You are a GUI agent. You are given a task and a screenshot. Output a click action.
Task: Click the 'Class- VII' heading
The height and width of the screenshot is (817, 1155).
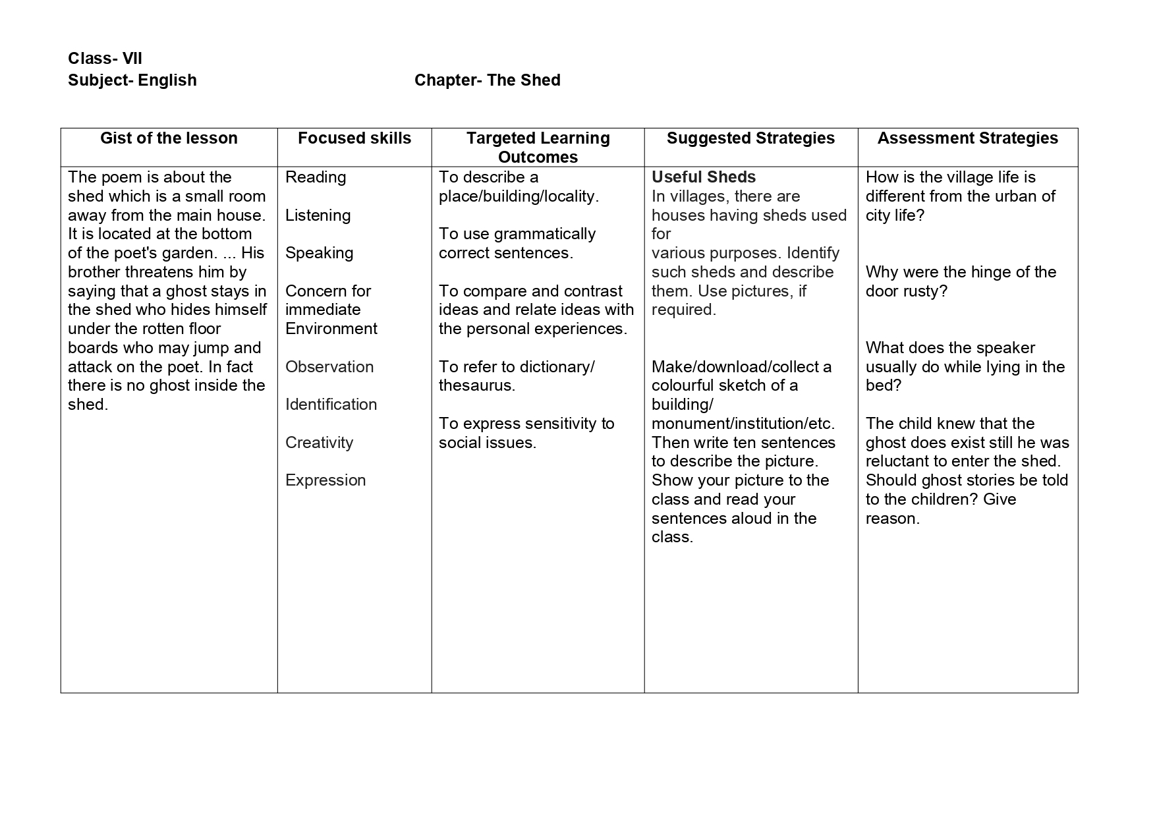click(105, 59)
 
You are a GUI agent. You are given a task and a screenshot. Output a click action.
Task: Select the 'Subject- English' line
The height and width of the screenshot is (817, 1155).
click(132, 80)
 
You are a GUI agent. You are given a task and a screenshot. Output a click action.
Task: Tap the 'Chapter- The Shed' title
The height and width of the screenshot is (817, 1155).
click(487, 80)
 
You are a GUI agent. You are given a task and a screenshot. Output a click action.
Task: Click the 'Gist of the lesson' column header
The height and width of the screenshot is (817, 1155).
click(169, 138)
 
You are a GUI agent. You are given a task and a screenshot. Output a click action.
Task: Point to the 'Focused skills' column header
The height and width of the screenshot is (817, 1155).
click(354, 138)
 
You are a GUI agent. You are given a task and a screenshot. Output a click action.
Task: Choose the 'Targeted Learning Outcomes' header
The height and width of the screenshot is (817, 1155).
click(538, 148)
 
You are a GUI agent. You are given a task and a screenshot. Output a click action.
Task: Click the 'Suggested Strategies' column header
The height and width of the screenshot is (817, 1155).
click(750, 138)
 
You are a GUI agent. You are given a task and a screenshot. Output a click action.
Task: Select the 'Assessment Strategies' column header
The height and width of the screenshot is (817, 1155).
click(967, 138)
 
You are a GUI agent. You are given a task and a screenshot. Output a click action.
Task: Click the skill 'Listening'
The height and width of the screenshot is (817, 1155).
click(318, 215)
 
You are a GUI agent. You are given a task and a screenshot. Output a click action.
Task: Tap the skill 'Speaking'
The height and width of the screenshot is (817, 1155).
click(319, 253)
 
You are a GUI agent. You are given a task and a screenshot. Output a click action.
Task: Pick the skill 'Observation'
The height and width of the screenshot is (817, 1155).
click(329, 367)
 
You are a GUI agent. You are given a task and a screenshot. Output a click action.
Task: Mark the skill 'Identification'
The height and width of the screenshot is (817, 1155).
click(331, 405)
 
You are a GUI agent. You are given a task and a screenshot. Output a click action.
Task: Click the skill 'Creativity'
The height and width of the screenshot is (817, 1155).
click(319, 443)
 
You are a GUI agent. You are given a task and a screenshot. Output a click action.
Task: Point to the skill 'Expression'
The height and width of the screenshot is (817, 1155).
click(325, 480)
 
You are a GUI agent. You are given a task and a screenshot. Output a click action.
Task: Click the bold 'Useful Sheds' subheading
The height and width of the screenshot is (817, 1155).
click(703, 177)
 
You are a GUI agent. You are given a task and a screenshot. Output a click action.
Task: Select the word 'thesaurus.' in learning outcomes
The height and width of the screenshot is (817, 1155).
click(476, 385)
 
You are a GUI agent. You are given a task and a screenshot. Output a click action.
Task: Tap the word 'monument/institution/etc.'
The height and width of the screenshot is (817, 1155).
click(743, 424)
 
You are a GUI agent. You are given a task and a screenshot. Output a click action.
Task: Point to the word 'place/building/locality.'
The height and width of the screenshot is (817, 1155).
click(519, 196)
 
